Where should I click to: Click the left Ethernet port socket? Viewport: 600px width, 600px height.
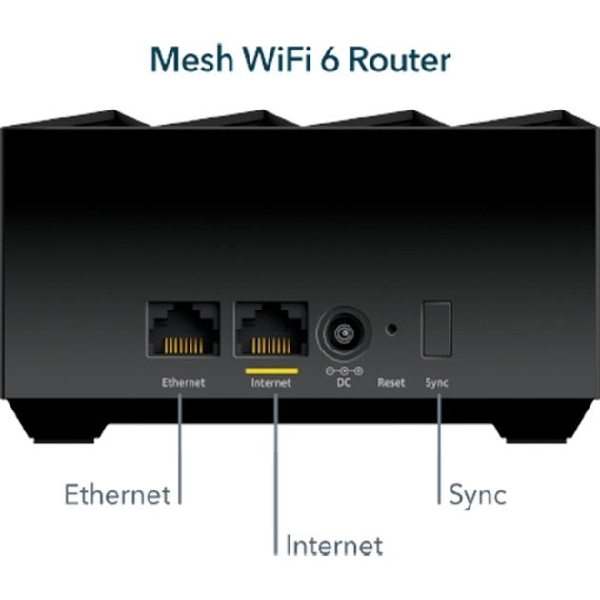point(183,330)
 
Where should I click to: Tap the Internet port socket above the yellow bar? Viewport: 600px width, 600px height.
point(270,330)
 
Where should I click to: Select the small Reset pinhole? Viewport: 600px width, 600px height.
point(390,330)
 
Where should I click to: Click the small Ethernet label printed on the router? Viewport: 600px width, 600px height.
point(183,383)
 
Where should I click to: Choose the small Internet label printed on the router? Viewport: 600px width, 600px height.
point(270,383)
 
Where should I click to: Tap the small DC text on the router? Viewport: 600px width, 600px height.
point(343,383)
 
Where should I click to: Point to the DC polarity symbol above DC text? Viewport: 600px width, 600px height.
point(343,370)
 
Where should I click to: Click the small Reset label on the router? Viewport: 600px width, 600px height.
point(390,383)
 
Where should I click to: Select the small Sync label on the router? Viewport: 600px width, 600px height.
point(437,383)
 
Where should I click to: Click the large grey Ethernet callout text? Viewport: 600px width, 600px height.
point(116,494)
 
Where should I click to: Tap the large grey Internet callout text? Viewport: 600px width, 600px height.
point(334,546)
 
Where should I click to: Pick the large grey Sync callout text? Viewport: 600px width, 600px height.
point(477,494)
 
